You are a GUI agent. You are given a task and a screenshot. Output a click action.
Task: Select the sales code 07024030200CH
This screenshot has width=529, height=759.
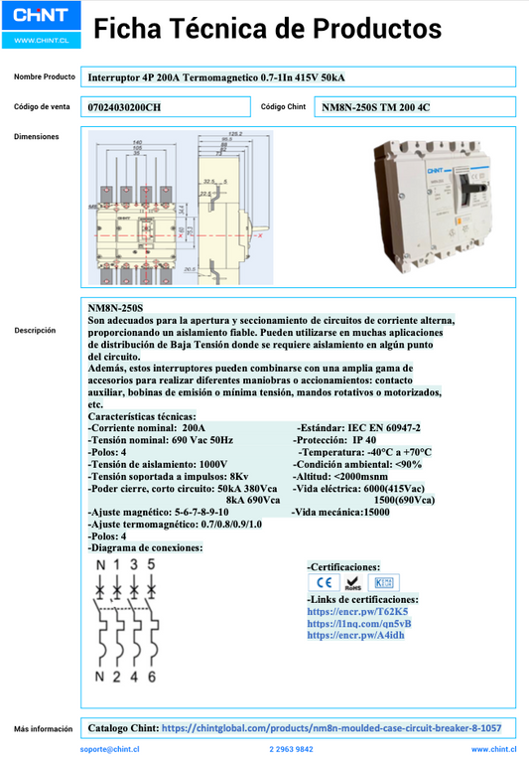124,106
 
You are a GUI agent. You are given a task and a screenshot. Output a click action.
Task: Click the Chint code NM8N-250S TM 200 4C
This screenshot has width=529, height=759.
376,106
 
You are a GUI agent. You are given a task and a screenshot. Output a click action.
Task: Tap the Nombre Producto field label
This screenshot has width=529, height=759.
45,76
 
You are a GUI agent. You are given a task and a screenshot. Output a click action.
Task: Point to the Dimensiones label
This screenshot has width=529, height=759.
37,136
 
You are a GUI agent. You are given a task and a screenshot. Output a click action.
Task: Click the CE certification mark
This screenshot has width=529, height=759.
323,582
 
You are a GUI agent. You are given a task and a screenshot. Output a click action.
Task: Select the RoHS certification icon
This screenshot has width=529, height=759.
352,582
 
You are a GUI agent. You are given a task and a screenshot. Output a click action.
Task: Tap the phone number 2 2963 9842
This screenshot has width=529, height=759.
291,749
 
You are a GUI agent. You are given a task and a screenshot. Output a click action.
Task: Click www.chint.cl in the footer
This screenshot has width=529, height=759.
492,749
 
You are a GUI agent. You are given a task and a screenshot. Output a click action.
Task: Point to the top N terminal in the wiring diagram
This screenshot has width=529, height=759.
100,565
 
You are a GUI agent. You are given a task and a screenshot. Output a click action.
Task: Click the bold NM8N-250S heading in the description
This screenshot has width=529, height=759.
115,309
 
